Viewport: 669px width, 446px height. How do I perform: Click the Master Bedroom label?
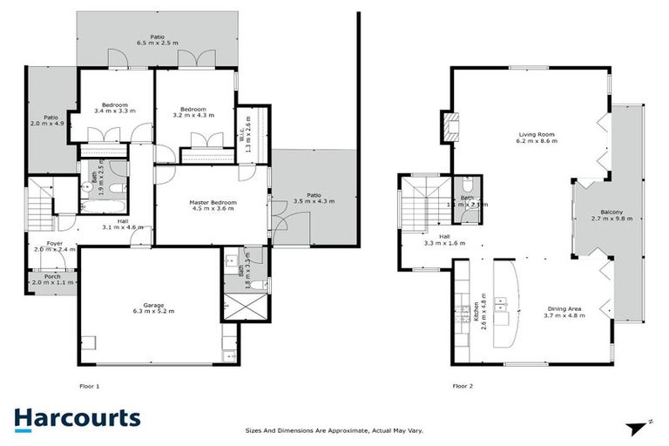pos(213,206)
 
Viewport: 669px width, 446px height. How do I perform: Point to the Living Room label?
pos(537,139)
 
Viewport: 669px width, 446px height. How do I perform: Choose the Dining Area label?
pos(565,312)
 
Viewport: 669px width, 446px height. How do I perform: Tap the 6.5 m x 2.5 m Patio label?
pos(157,39)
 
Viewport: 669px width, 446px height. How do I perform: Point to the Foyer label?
pos(43,247)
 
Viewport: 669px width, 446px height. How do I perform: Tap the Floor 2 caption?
pos(463,385)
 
